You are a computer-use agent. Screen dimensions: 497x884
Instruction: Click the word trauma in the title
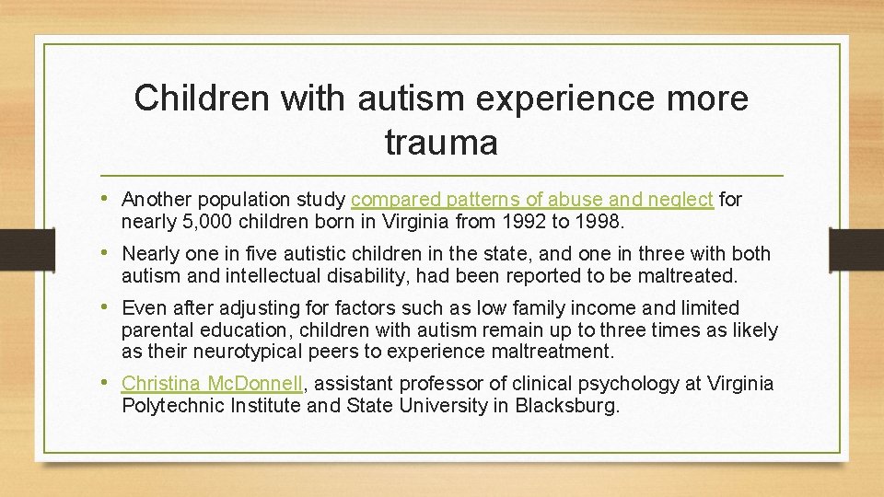pyautogui.click(x=441, y=143)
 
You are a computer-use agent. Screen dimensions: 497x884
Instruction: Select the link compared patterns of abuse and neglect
pyautogui.click(x=532, y=199)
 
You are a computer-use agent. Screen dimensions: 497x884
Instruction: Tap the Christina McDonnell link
pyautogui.click(x=211, y=383)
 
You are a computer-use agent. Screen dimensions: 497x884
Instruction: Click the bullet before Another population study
pyautogui.click(x=110, y=199)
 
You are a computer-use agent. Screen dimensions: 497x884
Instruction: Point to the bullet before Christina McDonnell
pyautogui.click(x=110, y=383)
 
